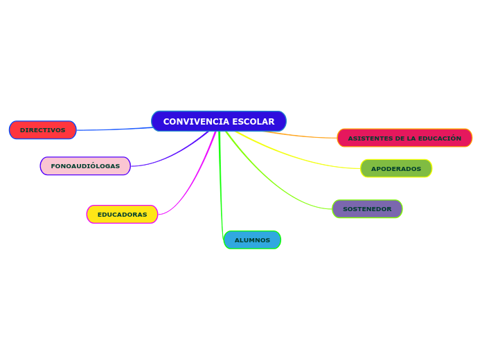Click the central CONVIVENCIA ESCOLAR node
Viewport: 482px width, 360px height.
(218, 121)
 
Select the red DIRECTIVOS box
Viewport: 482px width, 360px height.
(42, 130)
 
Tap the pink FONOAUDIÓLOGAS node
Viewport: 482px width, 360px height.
(85, 166)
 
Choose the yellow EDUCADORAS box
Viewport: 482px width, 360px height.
(122, 215)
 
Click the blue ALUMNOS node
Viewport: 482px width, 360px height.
(252, 240)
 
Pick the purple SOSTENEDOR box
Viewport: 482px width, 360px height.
(367, 209)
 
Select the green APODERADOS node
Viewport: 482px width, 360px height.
(395, 169)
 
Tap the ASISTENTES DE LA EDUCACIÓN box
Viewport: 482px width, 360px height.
(404, 138)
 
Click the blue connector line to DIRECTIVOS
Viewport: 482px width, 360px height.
(114, 129)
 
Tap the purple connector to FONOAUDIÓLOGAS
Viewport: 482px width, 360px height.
(173, 156)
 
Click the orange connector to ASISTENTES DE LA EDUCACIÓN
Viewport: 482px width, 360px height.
(305, 136)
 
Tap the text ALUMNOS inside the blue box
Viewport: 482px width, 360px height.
(252, 240)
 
